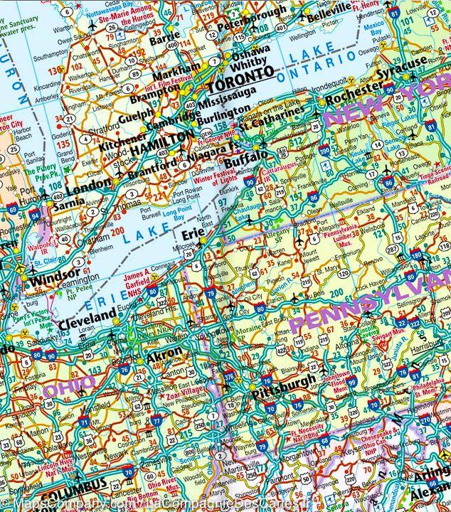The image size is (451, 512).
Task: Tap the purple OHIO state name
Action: click(x=70, y=385)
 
